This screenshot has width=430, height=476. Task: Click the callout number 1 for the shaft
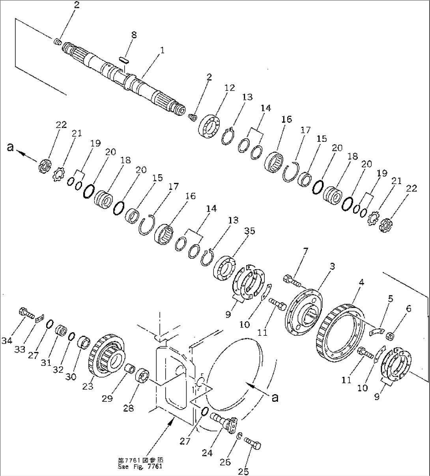[162, 51]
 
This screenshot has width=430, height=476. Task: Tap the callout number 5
[390, 299]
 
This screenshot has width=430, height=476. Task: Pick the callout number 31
[47, 362]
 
